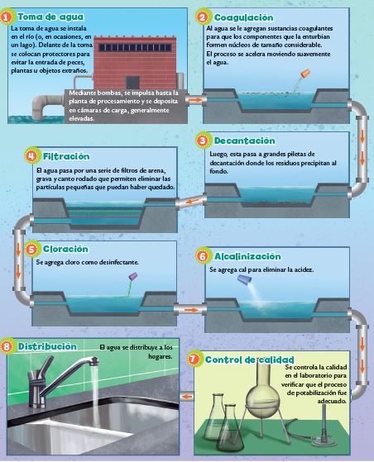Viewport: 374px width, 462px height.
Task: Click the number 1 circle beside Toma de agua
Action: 7,17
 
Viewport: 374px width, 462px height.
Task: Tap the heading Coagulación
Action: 243,17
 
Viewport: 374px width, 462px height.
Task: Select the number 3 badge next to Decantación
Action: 203,141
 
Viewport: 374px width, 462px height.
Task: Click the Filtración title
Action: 66,156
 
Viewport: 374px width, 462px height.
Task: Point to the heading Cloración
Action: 65,249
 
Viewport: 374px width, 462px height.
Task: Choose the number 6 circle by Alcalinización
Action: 203,255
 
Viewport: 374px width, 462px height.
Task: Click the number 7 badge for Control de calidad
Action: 193,359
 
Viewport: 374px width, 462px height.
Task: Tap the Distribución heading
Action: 47,346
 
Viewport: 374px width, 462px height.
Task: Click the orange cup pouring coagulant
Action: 305,73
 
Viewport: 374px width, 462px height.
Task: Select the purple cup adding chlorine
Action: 132,276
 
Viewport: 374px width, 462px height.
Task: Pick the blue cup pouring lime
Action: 245,279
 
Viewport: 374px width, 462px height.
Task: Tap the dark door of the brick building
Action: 132,82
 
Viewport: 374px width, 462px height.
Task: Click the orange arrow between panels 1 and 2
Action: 195,100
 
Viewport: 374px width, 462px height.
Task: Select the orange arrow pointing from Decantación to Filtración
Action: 192,202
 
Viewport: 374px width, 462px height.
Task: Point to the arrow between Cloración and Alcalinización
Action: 190,310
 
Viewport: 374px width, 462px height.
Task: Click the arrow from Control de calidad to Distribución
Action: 186,397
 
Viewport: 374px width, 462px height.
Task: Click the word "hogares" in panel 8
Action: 161,356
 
